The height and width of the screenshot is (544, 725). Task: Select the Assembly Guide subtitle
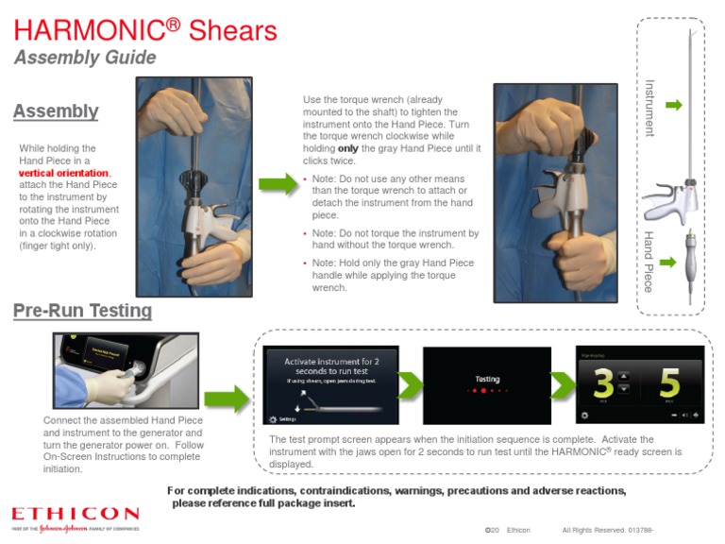[85, 58]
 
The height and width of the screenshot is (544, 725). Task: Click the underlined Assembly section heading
[56, 111]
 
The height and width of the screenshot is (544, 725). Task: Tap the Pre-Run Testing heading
[82, 311]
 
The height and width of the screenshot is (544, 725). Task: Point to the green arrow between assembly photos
[277, 183]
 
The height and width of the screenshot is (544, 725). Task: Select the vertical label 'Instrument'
[649, 108]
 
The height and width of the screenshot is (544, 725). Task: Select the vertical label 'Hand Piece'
[649, 261]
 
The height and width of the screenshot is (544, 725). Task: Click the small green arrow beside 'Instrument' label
[673, 105]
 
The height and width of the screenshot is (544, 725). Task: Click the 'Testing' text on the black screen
[486, 379]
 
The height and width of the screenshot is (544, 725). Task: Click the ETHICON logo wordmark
[76, 514]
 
